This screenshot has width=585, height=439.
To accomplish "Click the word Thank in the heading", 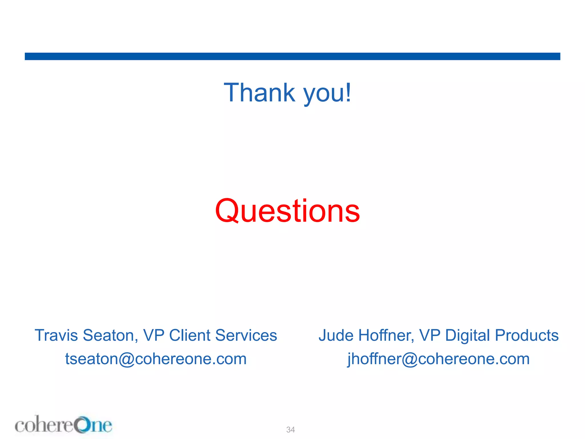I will tap(259, 93).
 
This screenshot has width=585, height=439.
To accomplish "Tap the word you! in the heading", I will tap(327, 94).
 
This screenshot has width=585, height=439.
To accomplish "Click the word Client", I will tap(190, 335).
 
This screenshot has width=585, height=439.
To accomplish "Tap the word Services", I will tap(246, 335).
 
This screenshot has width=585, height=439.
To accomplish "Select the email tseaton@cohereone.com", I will tap(156, 359).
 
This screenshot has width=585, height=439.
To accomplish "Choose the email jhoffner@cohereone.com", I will tap(438, 359).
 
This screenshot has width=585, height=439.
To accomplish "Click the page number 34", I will tap(291, 430).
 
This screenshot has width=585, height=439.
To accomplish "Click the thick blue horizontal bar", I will tap(292, 56).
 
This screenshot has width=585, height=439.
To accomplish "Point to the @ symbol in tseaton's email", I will tap(127, 359).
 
